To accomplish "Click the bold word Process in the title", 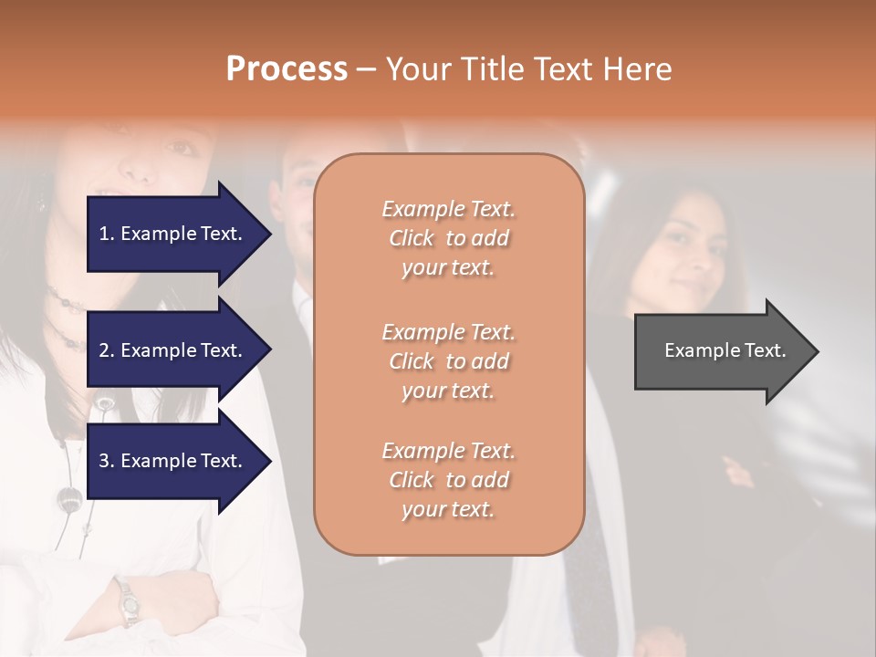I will click(x=287, y=68).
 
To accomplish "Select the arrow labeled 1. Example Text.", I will click(x=173, y=234).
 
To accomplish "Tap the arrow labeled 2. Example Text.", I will click(x=173, y=350).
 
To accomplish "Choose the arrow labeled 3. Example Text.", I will click(x=173, y=461).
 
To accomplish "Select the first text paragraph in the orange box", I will click(x=448, y=238).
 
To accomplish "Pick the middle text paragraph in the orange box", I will click(x=448, y=360).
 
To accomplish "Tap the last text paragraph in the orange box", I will click(x=448, y=479).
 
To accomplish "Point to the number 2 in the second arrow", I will click(x=104, y=350).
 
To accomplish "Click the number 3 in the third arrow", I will click(x=104, y=461).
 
